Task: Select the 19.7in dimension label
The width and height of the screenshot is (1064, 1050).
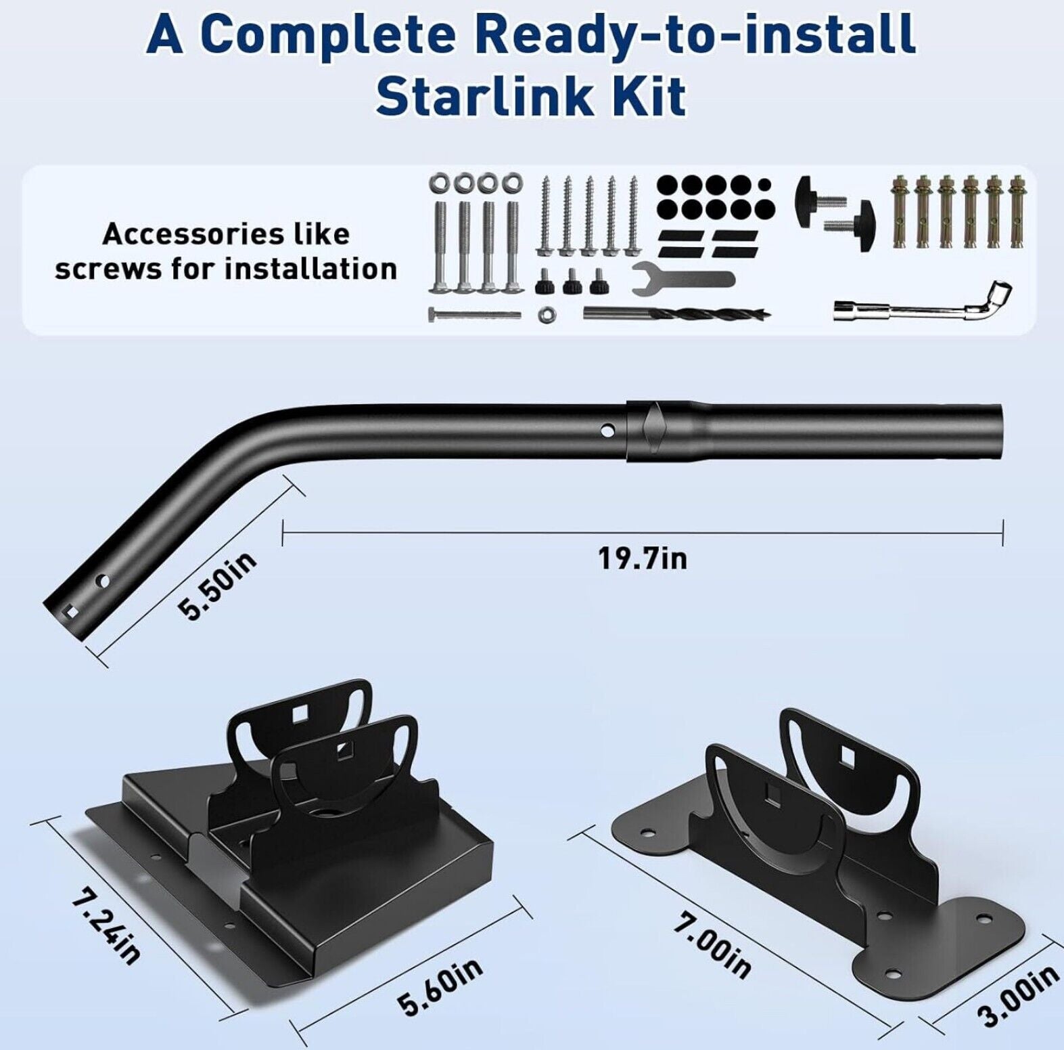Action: coord(642,559)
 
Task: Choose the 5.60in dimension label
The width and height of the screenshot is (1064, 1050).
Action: coord(440,986)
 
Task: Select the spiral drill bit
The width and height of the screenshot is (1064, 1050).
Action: coord(677,313)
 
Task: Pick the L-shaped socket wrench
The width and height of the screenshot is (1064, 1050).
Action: coord(922,303)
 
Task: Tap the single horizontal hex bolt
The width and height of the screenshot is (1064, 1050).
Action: coord(474,314)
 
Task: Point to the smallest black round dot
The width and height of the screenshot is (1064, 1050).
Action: coord(764,184)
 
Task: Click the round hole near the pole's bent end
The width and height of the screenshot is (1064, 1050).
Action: coord(103,581)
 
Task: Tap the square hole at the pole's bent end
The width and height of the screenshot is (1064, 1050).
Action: coord(69,611)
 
